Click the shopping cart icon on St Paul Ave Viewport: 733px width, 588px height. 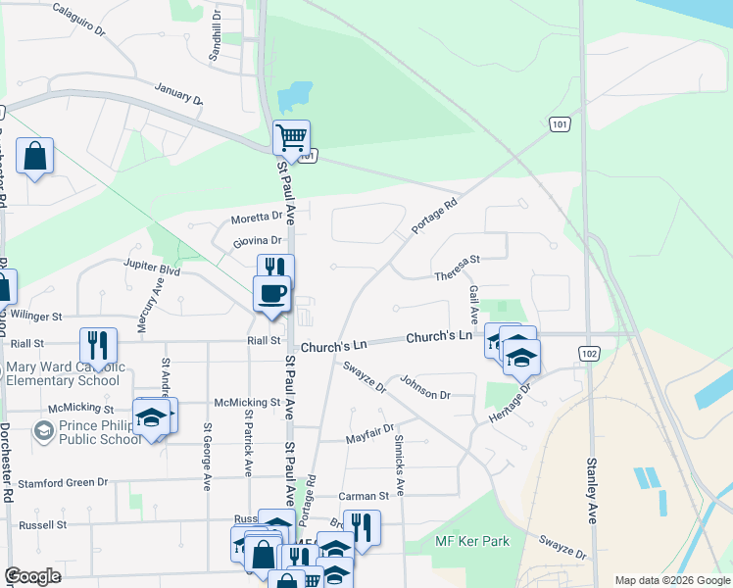click(291, 137)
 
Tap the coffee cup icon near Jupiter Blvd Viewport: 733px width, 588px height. click(271, 292)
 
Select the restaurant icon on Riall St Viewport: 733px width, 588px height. click(98, 345)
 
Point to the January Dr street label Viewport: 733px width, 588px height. click(178, 94)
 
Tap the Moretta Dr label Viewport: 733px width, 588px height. click(257, 218)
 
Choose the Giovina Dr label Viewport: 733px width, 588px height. click(258, 241)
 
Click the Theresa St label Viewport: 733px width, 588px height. click(458, 269)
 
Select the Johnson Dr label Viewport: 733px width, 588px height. click(424, 389)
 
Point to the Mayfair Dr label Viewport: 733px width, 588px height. click(369, 434)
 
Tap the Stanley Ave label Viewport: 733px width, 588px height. click(592, 490)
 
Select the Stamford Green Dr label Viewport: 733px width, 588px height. click(61, 483)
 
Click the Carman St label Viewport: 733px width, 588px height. click(364, 497)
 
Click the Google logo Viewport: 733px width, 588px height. click(33, 575)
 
